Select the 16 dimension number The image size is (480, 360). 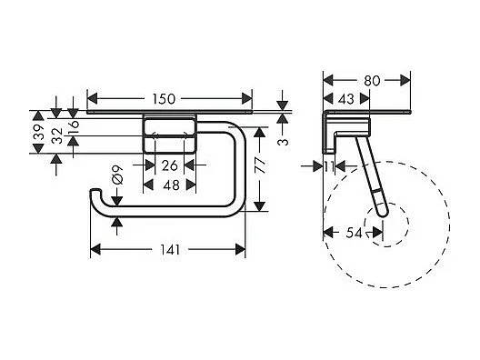75,125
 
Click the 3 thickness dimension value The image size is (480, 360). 283,141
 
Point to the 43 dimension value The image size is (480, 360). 346,97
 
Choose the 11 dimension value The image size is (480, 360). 329,166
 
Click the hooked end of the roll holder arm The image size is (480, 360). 95,198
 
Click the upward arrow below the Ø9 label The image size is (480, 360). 116,219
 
